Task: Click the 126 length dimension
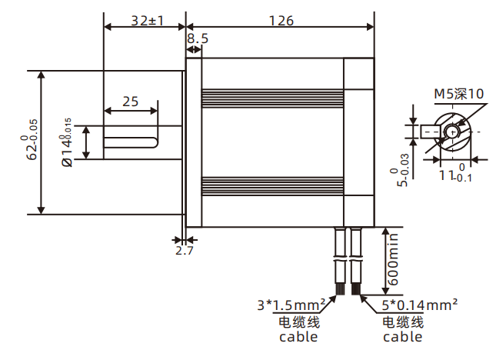pos(281,21)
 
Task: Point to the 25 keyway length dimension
pos(130,101)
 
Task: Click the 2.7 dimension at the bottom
pos(185,251)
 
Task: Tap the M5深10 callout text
pos(458,94)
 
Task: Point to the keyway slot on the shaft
pos(130,142)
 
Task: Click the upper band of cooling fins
pos(271,98)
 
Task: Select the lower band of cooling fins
pos(271,185)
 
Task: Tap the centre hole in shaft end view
pos(452,132)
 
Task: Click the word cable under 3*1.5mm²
pos(298,336)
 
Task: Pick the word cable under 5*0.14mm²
pos(402,336)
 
